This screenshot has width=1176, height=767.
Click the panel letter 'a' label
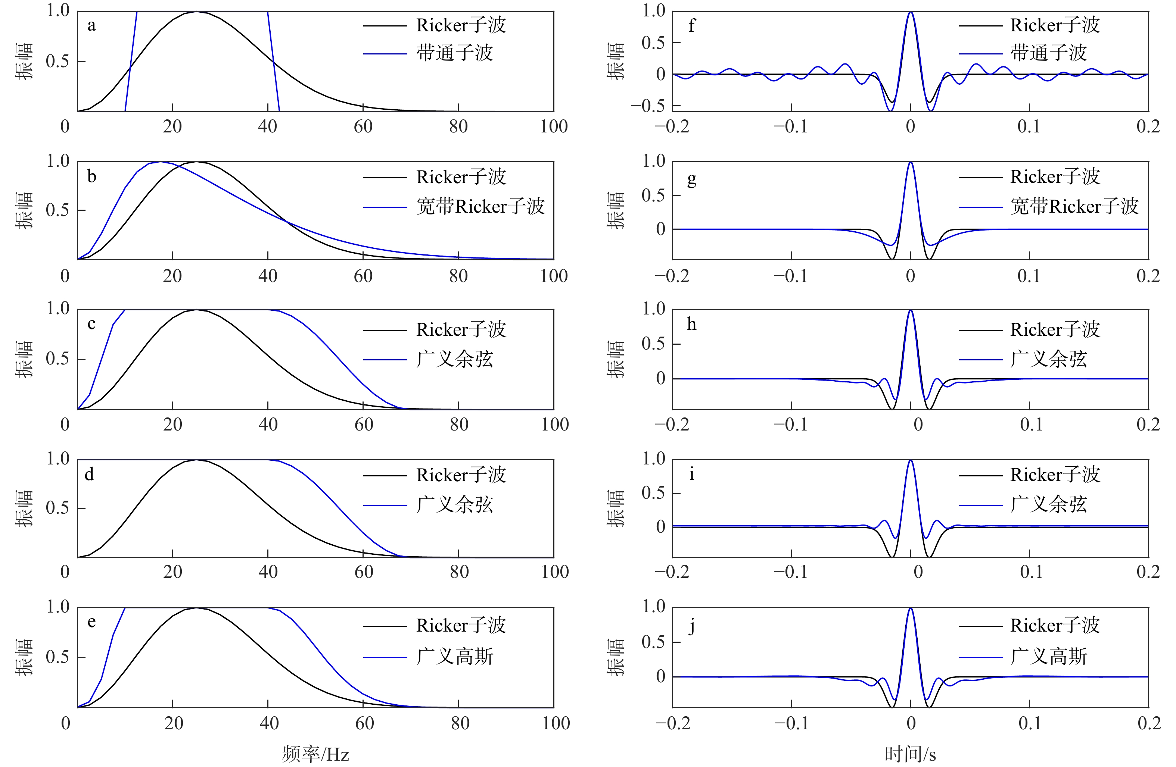point(91,26)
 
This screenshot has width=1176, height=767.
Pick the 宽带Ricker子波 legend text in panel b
point(480,206)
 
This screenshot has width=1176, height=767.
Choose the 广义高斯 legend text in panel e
point(455,656)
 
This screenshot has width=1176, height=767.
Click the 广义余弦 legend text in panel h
point(1049,359)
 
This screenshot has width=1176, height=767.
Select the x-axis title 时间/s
point(910,754)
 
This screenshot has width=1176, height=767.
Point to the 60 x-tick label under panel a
point(363,127)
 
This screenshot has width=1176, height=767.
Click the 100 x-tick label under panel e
point(556,723)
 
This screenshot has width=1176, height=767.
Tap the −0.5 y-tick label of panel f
point(648,106)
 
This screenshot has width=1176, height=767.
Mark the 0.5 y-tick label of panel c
point(58,359)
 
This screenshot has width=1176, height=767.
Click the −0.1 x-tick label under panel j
point(791,723)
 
